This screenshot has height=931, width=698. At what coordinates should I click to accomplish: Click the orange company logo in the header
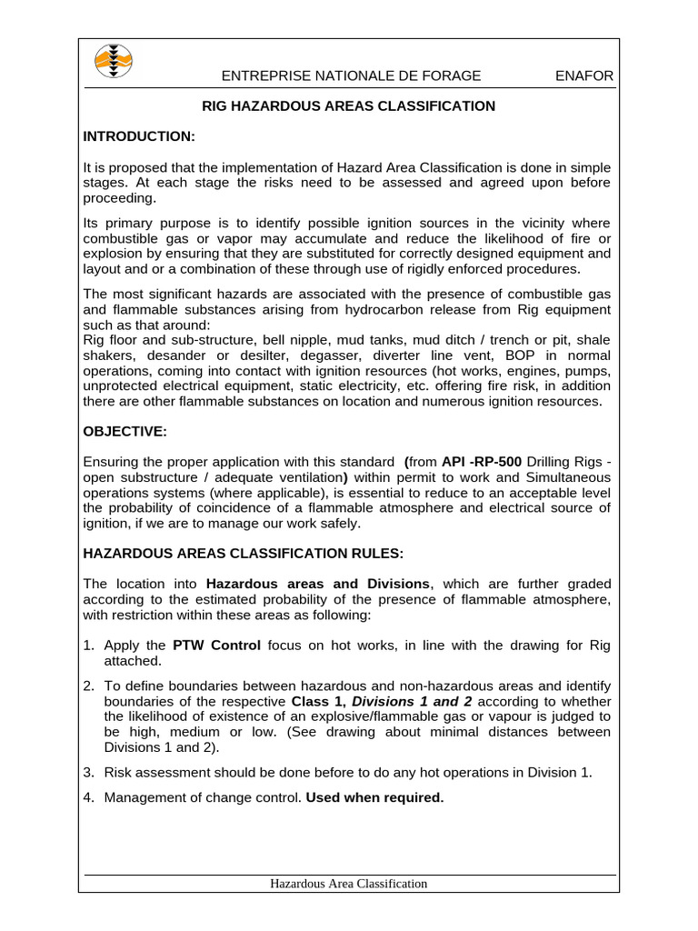114,62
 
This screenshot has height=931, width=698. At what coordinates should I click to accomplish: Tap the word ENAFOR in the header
583,76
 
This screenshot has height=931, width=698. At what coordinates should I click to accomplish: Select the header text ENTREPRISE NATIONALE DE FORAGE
352,76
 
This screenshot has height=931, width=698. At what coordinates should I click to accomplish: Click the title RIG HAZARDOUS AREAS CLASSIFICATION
348,106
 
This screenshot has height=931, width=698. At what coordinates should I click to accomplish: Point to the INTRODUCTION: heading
139,136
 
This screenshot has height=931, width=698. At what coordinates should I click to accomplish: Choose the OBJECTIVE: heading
125,431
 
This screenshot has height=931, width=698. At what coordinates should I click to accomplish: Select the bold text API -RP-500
482,462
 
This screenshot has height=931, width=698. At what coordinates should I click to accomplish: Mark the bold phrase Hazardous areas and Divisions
318,584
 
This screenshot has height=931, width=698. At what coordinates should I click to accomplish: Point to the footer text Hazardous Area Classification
349,884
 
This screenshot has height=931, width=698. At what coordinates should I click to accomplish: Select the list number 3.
89,773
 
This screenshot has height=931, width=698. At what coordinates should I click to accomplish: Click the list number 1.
89,646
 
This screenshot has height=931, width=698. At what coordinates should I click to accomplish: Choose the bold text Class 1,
318,701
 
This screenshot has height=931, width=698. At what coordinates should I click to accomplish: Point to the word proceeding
119,199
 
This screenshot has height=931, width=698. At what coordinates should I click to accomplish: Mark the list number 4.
89,799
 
